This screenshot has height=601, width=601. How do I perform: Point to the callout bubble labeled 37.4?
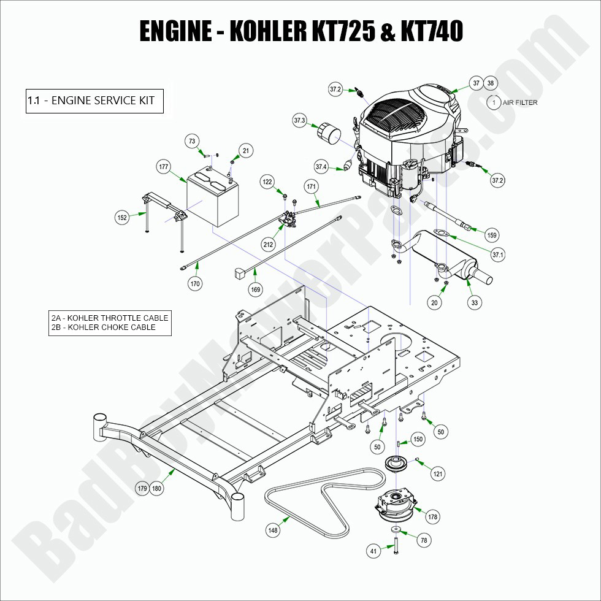click(x=321, y=166)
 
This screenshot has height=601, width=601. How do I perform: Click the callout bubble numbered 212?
click(x=268, y=245)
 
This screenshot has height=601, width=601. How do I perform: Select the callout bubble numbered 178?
click(x=433, y=517)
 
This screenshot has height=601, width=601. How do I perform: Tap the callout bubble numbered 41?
click(x=373, y=551)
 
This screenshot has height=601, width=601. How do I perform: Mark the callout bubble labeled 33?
click(x=474, y=302)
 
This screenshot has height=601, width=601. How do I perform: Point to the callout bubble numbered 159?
click(x=491, y=234)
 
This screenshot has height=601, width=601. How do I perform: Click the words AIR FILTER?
click(x=519, y=102)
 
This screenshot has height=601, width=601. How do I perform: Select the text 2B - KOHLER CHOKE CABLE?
click(x=103, y=327)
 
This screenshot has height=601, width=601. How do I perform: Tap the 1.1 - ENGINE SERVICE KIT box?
click(x=94, y=101)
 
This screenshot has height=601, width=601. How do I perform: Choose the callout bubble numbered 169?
click(x=255, y=289)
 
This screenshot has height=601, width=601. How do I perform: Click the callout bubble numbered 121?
click(x=437, y=473)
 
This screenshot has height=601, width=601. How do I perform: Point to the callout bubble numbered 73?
click(x=193, y=142)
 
